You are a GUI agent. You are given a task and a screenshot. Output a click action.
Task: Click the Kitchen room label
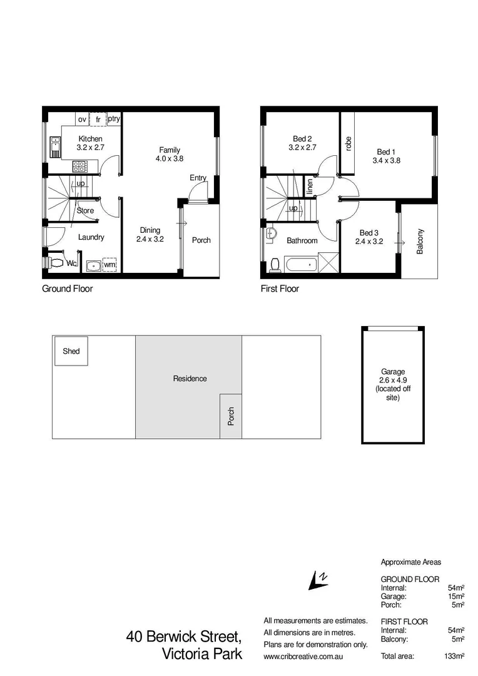[90, 139]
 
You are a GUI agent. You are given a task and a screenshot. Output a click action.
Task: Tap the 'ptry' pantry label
[114, 118]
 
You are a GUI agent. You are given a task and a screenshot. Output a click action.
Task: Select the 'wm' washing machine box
[109, 265]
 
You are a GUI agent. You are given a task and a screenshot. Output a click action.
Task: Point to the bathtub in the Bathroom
[301, 263]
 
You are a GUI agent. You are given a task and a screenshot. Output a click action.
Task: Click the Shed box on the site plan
[71, 351]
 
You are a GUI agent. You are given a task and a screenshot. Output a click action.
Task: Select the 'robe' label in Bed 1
[348, 143]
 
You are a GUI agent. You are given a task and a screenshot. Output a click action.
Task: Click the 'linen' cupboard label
[310, 186]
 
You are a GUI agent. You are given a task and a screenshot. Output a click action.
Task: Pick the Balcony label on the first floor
[420, 240]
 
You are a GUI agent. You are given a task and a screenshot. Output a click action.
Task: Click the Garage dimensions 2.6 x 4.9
[393, 380]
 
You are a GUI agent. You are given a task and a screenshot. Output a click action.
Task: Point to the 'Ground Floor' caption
[67, 289]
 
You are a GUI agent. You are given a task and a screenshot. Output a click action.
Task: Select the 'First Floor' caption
[280, 289]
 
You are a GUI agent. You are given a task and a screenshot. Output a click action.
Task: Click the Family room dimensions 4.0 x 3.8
[170, 159]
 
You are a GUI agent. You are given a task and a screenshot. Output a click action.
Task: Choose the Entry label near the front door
[198, 178]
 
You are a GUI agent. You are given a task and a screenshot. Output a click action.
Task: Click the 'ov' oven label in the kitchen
[82, 119]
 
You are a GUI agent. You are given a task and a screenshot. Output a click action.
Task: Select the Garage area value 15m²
[455, 597]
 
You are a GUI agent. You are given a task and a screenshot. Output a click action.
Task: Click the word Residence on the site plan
[190, 378]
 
